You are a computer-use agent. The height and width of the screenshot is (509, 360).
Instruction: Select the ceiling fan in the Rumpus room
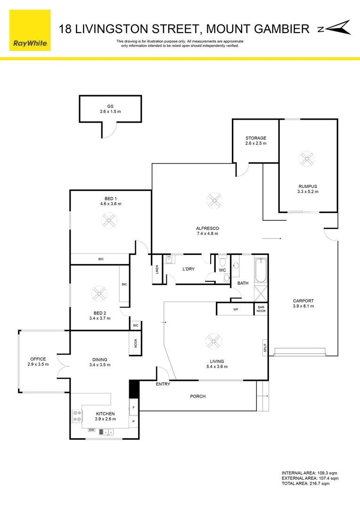[307, 159]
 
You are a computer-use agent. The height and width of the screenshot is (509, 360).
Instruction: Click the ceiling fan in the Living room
[213, 341]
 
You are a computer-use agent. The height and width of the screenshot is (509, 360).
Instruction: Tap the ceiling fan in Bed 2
[99, 294]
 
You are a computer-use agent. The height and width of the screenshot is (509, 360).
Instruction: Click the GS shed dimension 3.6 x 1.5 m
[110, 112]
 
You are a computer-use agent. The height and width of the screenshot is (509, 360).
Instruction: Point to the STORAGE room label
[255, 138]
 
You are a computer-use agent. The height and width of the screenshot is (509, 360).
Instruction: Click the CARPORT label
[303, 301]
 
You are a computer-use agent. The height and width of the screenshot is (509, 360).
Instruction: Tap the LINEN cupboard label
[157, 270]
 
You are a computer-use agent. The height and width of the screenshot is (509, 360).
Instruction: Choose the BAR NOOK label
[261, 309]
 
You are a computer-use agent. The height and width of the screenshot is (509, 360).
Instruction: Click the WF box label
[236, 310]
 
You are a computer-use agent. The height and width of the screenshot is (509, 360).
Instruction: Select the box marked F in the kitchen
[134, 407]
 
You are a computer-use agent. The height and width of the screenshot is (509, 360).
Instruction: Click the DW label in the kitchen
[91, 430]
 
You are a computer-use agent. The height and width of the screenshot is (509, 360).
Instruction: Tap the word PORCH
[197, 396]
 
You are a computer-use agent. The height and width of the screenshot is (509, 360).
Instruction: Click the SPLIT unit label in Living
[265, 348]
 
